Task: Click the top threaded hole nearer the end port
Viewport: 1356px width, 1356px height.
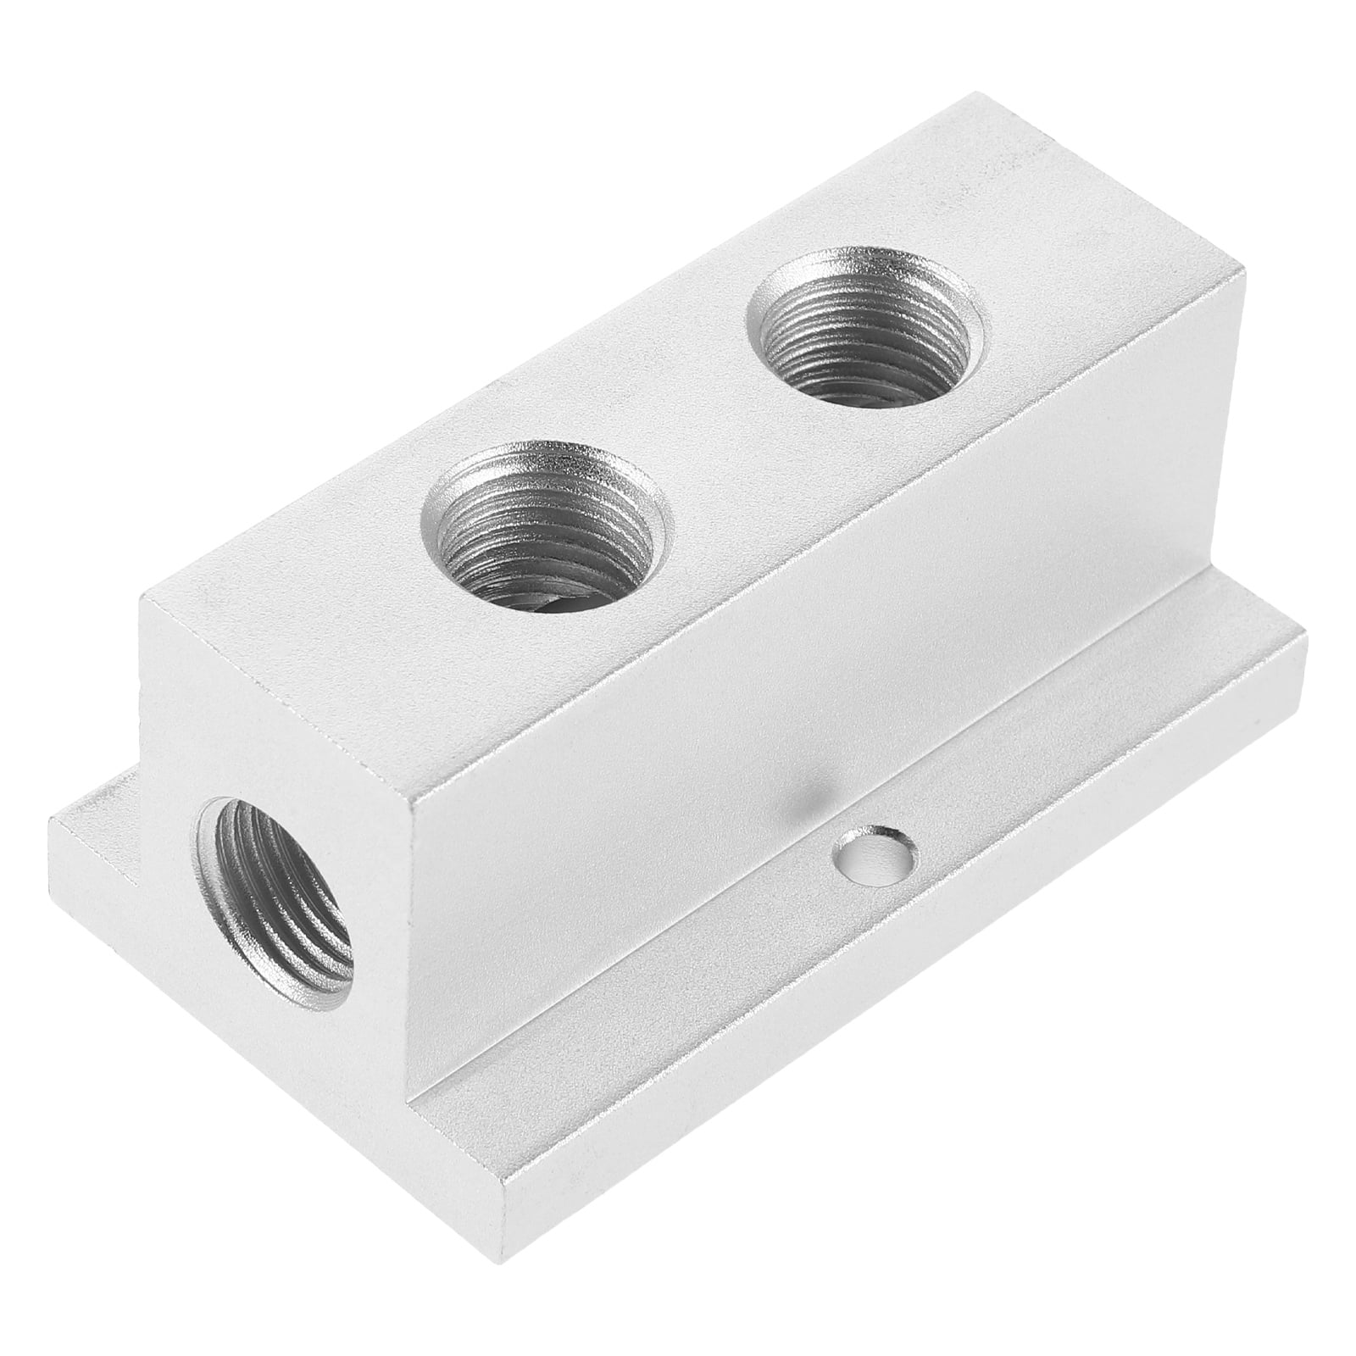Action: pyautogui.click(x=542, y=521)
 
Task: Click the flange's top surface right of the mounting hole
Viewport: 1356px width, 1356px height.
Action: pyautogui.click(x=1059, y=780)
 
